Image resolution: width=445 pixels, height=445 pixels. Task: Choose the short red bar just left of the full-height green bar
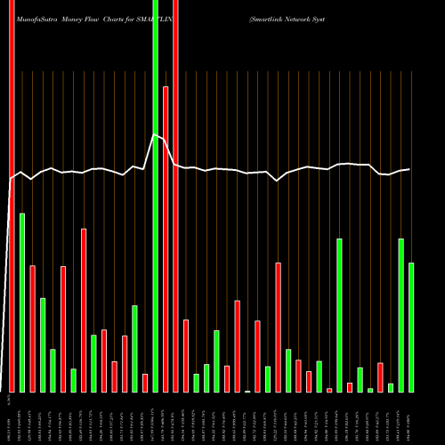(145, 383)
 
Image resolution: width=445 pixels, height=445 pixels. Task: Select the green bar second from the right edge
(401, 315)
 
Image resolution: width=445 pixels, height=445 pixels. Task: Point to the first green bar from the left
(22, 303)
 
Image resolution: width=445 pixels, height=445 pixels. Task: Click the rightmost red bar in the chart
(380, 377)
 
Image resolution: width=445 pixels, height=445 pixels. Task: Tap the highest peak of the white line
(155, 134)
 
